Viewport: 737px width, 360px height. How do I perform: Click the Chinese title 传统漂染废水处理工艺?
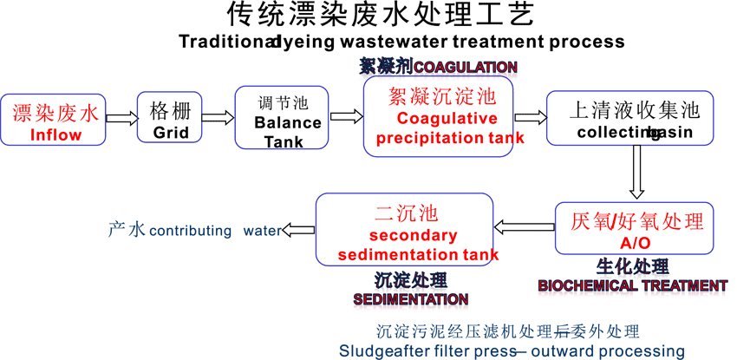375,16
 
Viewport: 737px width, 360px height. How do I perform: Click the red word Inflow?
55,134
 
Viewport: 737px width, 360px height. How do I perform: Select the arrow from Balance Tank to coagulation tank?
345,115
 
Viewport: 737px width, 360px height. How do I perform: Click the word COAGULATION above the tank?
466,67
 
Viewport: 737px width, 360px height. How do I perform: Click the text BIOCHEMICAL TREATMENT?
632,285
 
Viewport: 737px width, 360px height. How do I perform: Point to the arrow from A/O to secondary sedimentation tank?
525,227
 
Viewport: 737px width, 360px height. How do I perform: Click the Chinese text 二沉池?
406,213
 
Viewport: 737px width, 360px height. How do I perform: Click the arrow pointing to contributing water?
300,229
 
